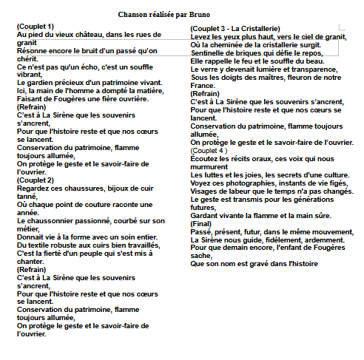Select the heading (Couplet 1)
point(35,27)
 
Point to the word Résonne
point(33,51)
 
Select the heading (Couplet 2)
point(35,180)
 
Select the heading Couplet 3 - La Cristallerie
point(235,29)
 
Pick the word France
point(205,86)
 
